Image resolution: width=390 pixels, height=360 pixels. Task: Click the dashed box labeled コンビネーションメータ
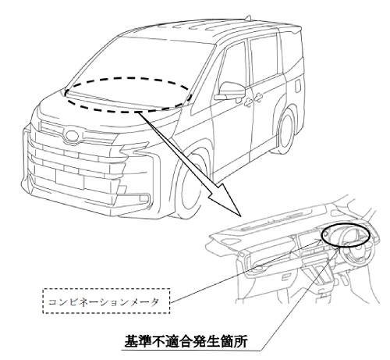pyautogui.click(x=106, y=289)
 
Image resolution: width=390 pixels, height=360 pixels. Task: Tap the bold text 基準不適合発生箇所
pyautogui.click(x=186, y=341)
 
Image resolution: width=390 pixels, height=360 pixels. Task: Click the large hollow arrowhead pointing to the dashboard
pyautogui.click(x=224, y=198)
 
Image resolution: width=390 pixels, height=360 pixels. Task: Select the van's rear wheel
pyautogui.click(x=286, y=130)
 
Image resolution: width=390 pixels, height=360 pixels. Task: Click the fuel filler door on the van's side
pyautogui.click(x=298, y=85)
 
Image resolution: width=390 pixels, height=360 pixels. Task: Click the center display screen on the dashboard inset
pyautogui.click(x=307, y=241)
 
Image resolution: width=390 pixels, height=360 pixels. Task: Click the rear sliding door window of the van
pyautogui.click(x=264, y=59)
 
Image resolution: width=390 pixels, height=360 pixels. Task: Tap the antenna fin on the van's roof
pyautogui.click(x=247, y=18)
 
